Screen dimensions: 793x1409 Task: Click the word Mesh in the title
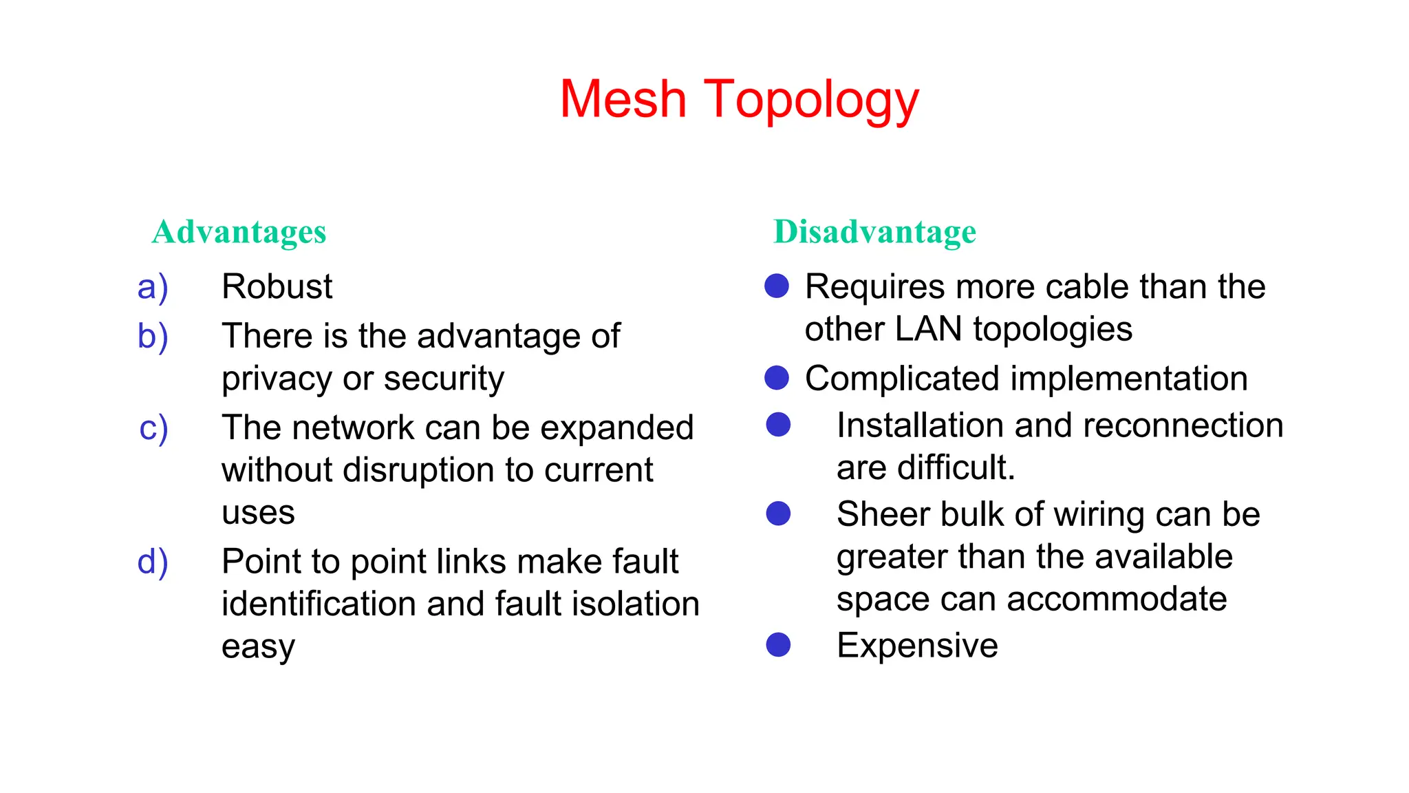pyautogui.click(x=623, y=99)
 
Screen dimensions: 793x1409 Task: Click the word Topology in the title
pyautogui.click(x=811, y=101)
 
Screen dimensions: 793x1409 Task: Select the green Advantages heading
pyautogui.click(x=239, y=232)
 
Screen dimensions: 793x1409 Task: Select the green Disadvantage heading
pyautogui.click(x=874, y=231)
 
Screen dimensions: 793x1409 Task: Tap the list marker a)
pyautogui.click(x=153, y=287)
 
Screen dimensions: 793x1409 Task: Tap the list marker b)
pyautogui.click(x=153, y=337)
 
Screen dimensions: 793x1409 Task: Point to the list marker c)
pyautogui.click(x=153, y=428)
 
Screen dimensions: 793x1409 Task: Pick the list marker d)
pyautogui.click(x=153, y=562)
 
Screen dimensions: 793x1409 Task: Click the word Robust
pyautogui.click(x=277, y=286)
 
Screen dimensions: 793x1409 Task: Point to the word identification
pyautogui.click(x=319, y=604)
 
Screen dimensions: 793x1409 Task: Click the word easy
pyautogui.click(x=258, y=647)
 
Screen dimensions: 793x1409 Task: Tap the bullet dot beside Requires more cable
pyautogui.click(x=777, y=286)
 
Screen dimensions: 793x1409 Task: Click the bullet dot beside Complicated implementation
pyautogui.click(x=777, y=378)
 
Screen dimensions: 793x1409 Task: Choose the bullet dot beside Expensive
pyautogui.click(x=778, y=645)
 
